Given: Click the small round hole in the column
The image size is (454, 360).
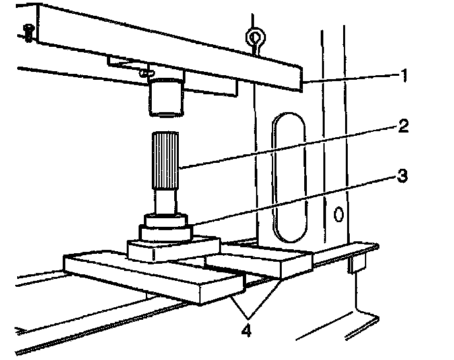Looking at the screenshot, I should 339,214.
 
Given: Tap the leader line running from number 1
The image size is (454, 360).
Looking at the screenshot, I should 350,78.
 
